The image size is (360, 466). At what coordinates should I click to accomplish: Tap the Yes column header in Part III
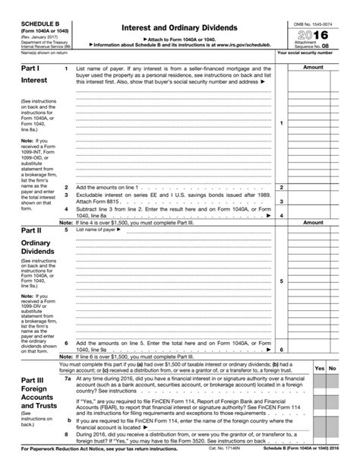(320, 367)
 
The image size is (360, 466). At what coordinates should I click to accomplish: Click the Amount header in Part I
(312, 68)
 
